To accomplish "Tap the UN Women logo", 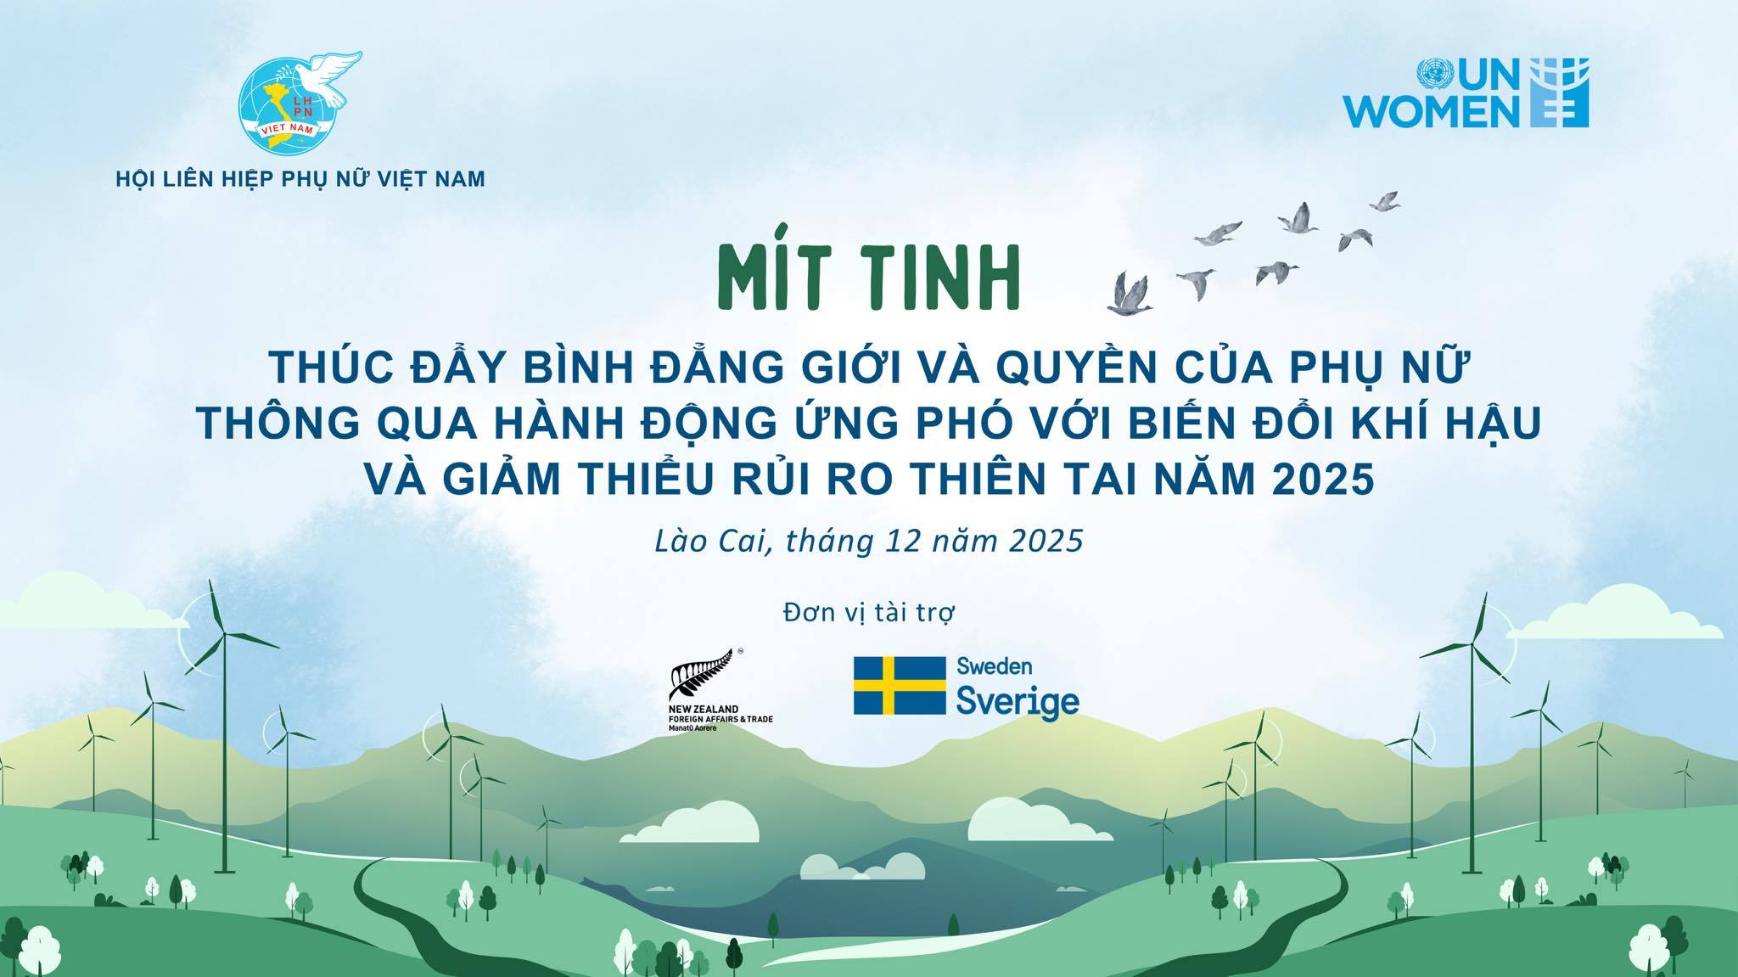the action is (x=1511, y=93).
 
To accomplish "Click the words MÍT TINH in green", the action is (x=867, y=278).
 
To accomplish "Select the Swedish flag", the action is (x=900, y=685).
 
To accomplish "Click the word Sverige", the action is (x=1018, y=702).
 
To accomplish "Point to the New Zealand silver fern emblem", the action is (x=704, y=677).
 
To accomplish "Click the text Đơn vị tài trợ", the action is (x=869, y=612).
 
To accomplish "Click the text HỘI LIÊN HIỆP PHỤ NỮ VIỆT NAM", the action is (x=300, y=179).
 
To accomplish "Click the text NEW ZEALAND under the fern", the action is (x=703, y=710).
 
